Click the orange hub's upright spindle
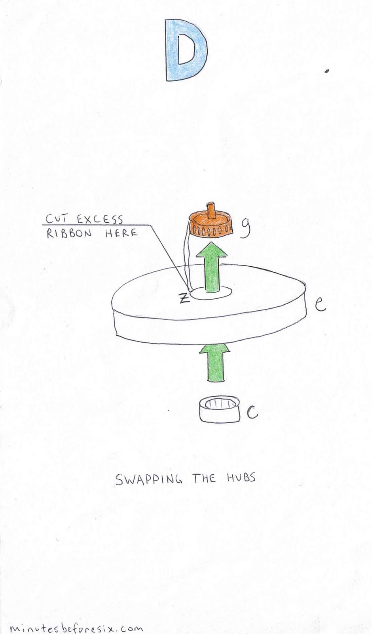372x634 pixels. [212, 210]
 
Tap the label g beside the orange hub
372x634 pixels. [245, 229]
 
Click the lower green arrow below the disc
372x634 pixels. [216, 361]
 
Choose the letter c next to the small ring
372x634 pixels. [252, 413]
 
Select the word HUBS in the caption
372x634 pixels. [241, 478]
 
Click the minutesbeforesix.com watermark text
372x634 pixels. [75, 628]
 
